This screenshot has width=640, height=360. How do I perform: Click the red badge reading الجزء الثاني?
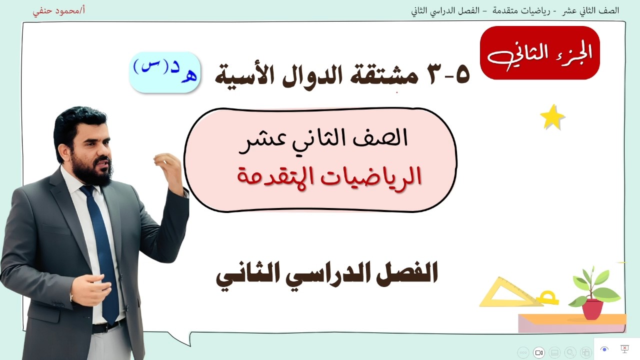click(540, 53)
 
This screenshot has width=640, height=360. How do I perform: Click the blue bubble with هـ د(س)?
click(165, 72)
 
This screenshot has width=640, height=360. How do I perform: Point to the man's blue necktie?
click(104, 250)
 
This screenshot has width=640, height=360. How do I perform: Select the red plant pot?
click(592, 309)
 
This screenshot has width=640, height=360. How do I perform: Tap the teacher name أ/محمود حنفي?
click(59, 10)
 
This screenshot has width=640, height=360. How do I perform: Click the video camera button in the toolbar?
click(539, 352)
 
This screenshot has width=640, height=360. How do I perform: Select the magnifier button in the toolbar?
click(570, 352)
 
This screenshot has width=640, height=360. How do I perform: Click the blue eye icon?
click(604, 349)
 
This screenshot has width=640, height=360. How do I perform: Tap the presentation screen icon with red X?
click(624, 349)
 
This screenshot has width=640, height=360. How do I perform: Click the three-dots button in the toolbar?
click(523, 352)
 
